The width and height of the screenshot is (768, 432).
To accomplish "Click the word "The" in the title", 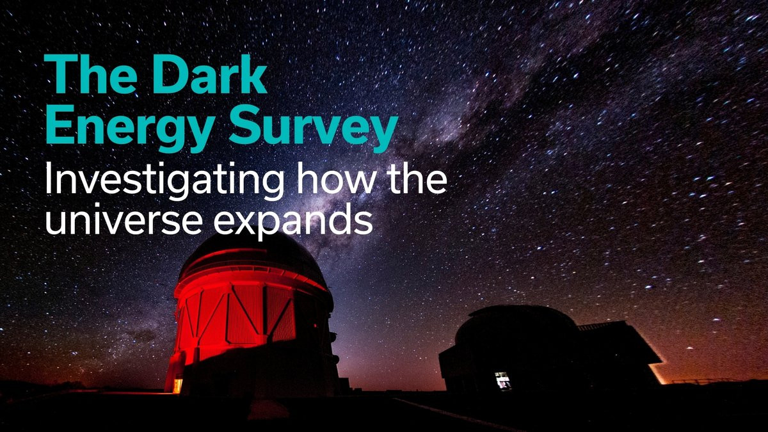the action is click(x=90, y=74).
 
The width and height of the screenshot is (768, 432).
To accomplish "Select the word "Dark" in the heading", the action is click(x=209, y=74).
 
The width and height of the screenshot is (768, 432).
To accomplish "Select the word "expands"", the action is click(x=293, y=223).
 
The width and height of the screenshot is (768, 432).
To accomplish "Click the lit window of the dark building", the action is click(x=503, y=380).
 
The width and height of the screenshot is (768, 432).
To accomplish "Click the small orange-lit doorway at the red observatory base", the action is click(x=177, y=385).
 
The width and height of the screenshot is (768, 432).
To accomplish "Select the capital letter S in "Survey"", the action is click(x=246, y=126).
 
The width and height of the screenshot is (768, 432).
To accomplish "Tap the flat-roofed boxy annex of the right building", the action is click(x=621, y=353).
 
